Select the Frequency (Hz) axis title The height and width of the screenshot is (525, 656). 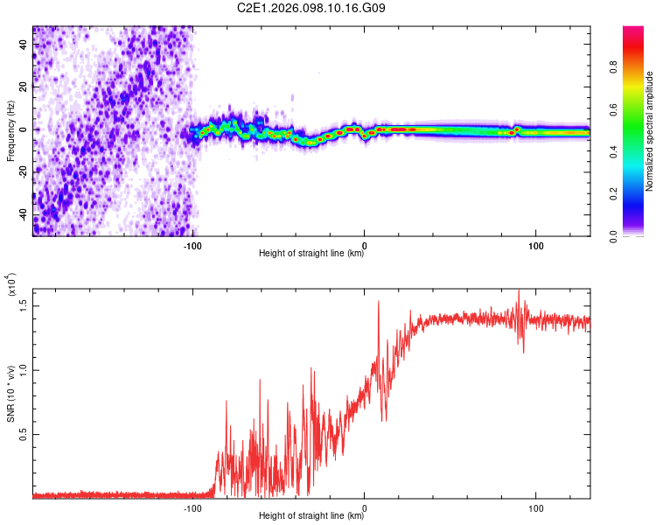click(10, 131)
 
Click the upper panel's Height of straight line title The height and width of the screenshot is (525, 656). click(311, 254)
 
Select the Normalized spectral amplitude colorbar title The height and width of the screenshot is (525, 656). click(650, 131)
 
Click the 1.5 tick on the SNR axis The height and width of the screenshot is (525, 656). click(25, 305)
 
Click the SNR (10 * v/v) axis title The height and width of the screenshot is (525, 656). click(10, 392)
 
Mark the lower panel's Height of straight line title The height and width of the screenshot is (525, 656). click(311, 516)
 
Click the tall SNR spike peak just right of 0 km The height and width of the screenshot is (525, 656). click(379, 302)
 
